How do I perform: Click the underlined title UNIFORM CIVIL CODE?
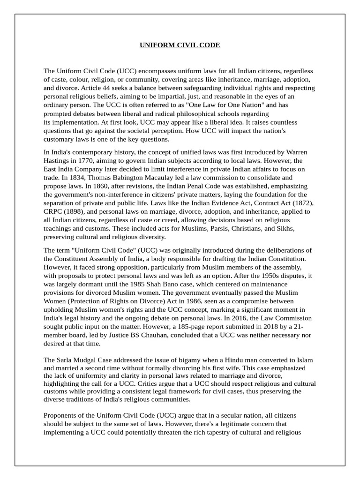180,45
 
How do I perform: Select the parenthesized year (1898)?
72,211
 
